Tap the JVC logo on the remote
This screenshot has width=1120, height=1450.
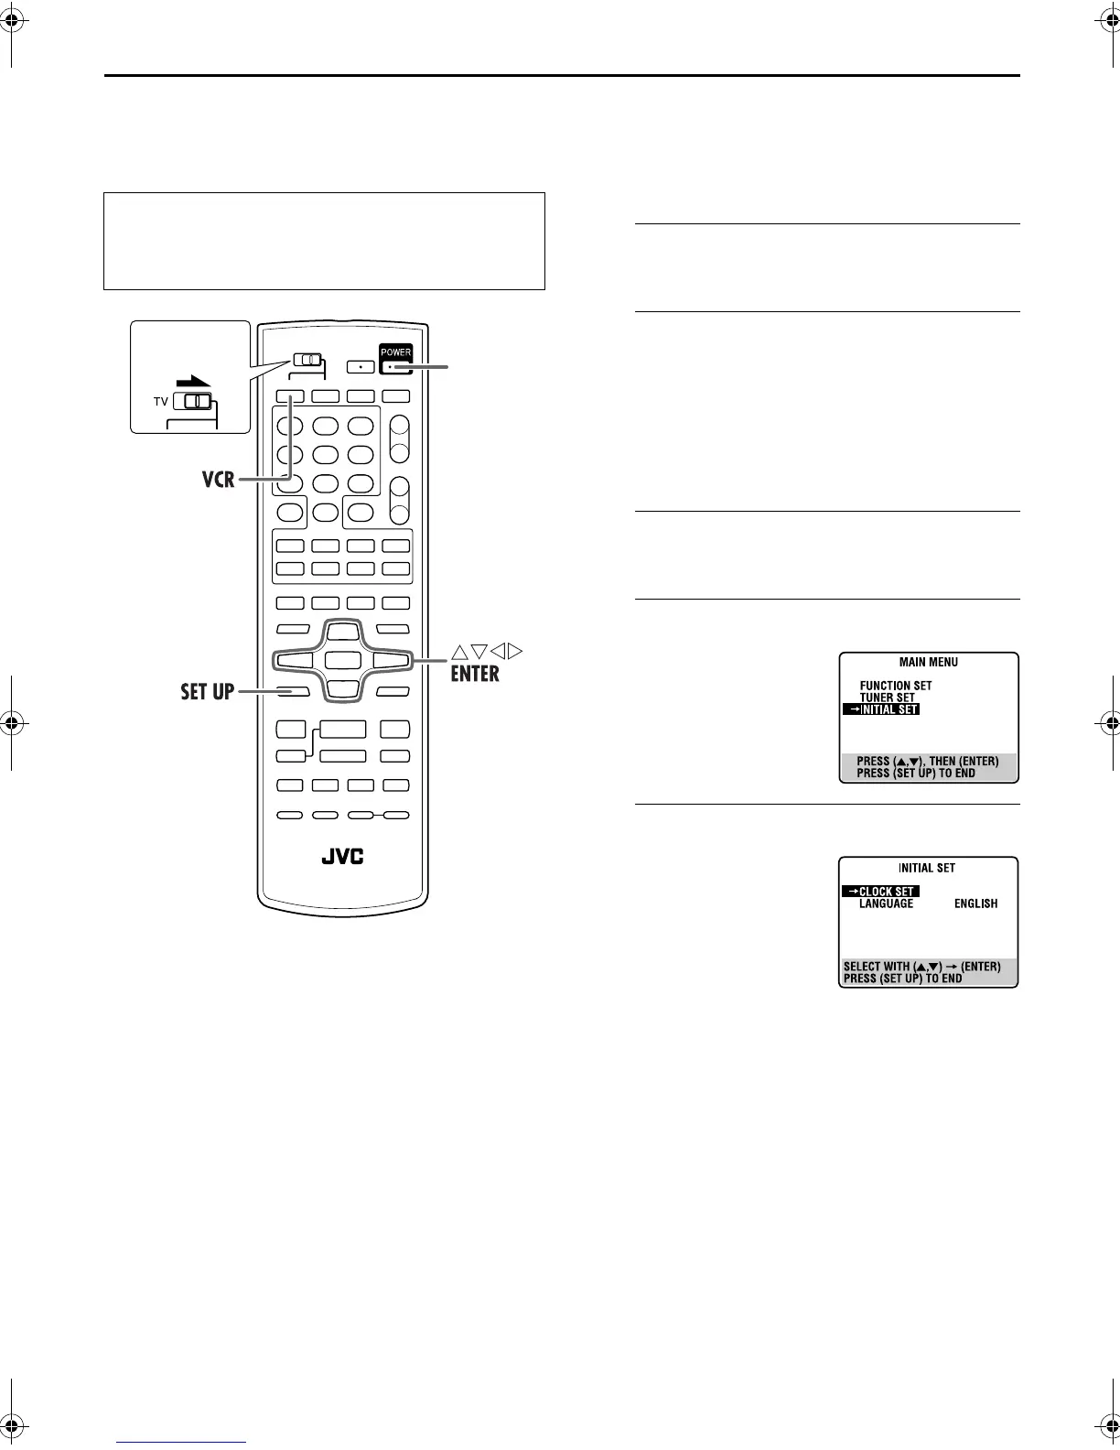(x=342, y=857)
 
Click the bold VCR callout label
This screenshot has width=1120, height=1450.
(x=220, y=478)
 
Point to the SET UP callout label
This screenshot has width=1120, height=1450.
(x=208, y=691)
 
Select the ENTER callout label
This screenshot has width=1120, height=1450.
(x=474, y=675)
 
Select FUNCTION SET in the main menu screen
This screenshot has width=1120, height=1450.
(x=895, y=686)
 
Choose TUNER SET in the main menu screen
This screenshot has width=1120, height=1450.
(x=887, y=698)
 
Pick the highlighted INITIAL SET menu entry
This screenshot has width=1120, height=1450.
(x=881, y=709)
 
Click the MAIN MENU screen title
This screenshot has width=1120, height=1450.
(x=928, y=662)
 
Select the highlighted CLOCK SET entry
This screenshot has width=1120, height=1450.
(x=880, y=892)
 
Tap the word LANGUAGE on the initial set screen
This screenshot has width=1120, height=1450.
(x=886, y=904)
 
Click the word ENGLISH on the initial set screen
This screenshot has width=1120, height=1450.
(x=975, y=904)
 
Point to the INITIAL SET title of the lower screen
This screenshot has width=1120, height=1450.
(x=927, y=868)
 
